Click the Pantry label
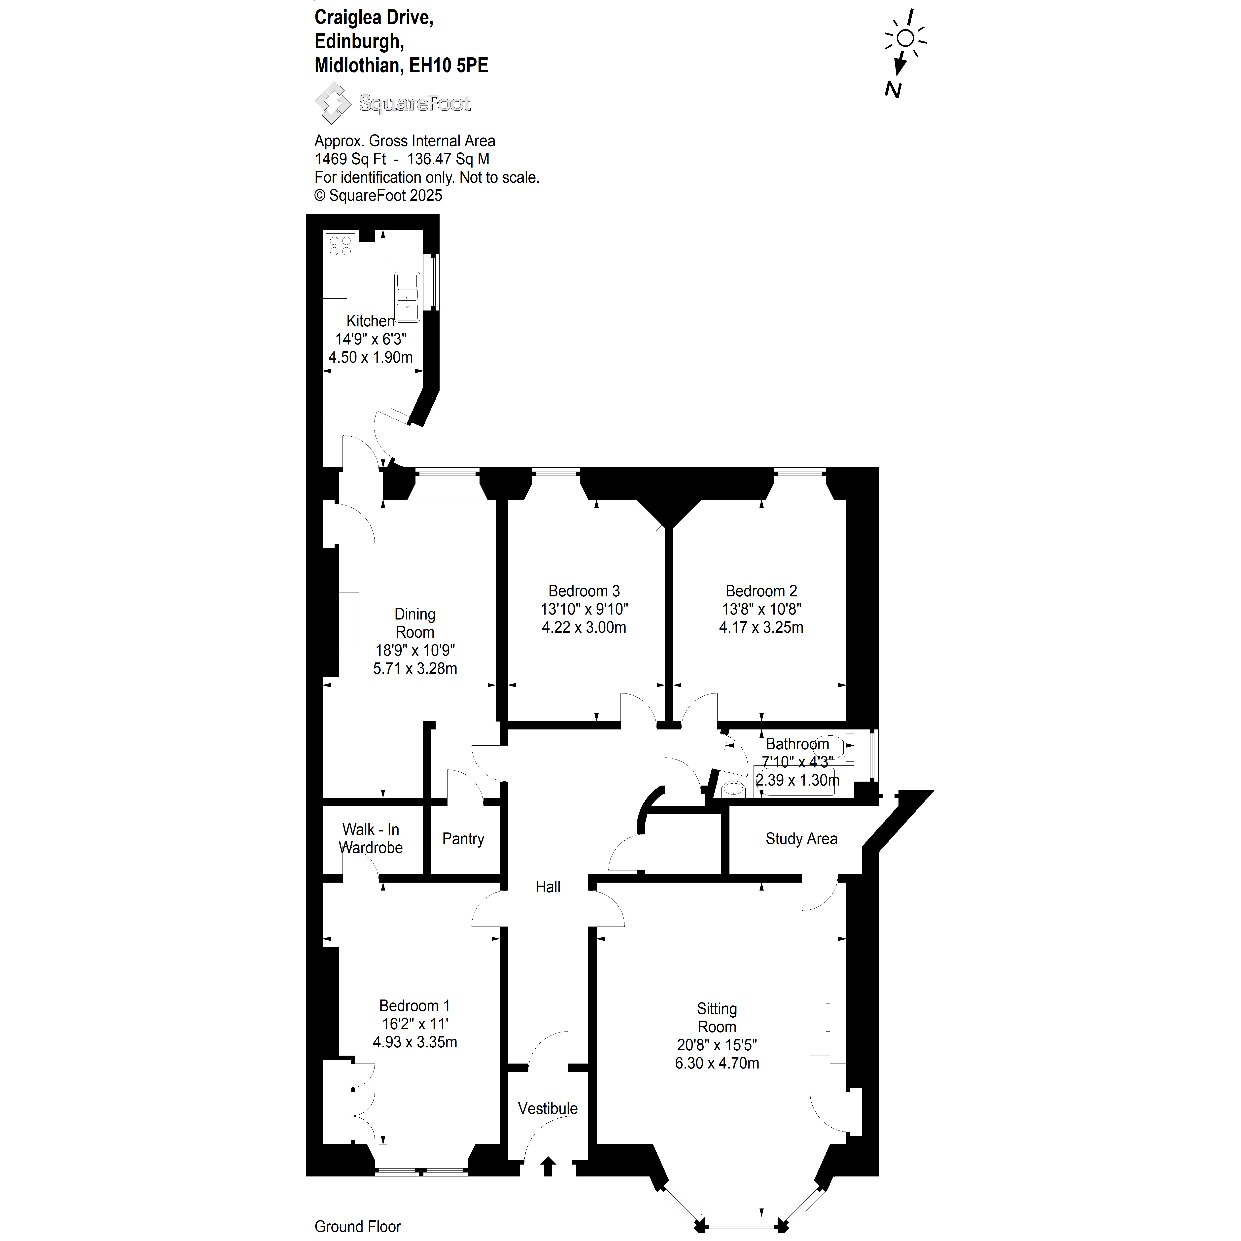[463, 839]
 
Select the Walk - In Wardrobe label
[371, 839]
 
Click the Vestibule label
[548, 1109]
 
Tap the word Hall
[548, 887]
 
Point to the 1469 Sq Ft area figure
[350, 159]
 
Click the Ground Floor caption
[358, 1226]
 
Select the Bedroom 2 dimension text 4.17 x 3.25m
[761, 627]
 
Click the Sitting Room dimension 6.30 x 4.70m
[717, 1063]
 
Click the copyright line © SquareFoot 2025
[378, 196]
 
